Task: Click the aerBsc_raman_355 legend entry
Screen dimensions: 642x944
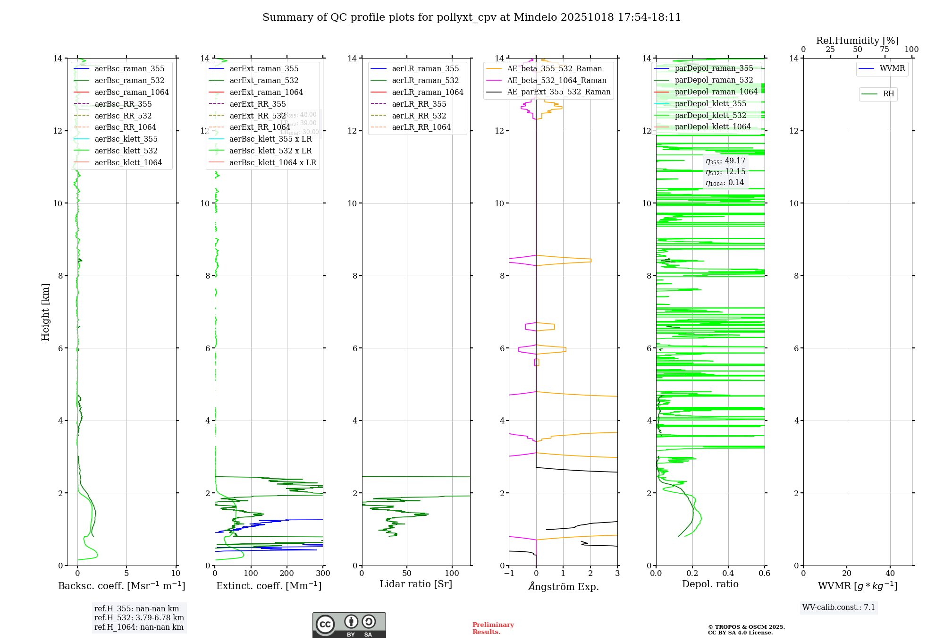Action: click(x=129, y=69)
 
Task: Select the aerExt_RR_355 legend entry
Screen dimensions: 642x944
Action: click(x=257, y=104)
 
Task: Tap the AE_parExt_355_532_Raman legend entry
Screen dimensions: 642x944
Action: click(x=558, y=92)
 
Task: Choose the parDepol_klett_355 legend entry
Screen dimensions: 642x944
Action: click(x=710, y=103)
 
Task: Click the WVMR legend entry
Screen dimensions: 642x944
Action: click(x=892, y=68)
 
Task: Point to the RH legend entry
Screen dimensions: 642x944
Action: click(x=888, y=94)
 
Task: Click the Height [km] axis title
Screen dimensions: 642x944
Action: click(x=45, y=312)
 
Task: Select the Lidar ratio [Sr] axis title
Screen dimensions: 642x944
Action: click(x=415, y=584)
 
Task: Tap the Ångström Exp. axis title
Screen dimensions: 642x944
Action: click(x=563, y=586)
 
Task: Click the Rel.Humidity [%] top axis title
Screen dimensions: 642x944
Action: click(x=857, y=41)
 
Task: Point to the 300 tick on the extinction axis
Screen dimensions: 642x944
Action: click(x=323, y=574)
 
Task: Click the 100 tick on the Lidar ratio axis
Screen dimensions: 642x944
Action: click(x=452, y=574)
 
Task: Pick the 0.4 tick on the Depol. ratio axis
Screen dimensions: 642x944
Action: click(x=728, y=574)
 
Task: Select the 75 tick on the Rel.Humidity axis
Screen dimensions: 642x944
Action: click(x=885, y=50)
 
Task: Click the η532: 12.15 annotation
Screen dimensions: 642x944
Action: click(x=725, y=172)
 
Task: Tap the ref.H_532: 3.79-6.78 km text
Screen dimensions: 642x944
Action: click(x=139, y=617)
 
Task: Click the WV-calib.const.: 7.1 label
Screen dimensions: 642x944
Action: click(x=839, y=607)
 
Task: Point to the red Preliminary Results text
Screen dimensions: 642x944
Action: click(x=493, y=628)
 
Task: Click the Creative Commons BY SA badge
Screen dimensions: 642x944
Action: click(x=349, y=625)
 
